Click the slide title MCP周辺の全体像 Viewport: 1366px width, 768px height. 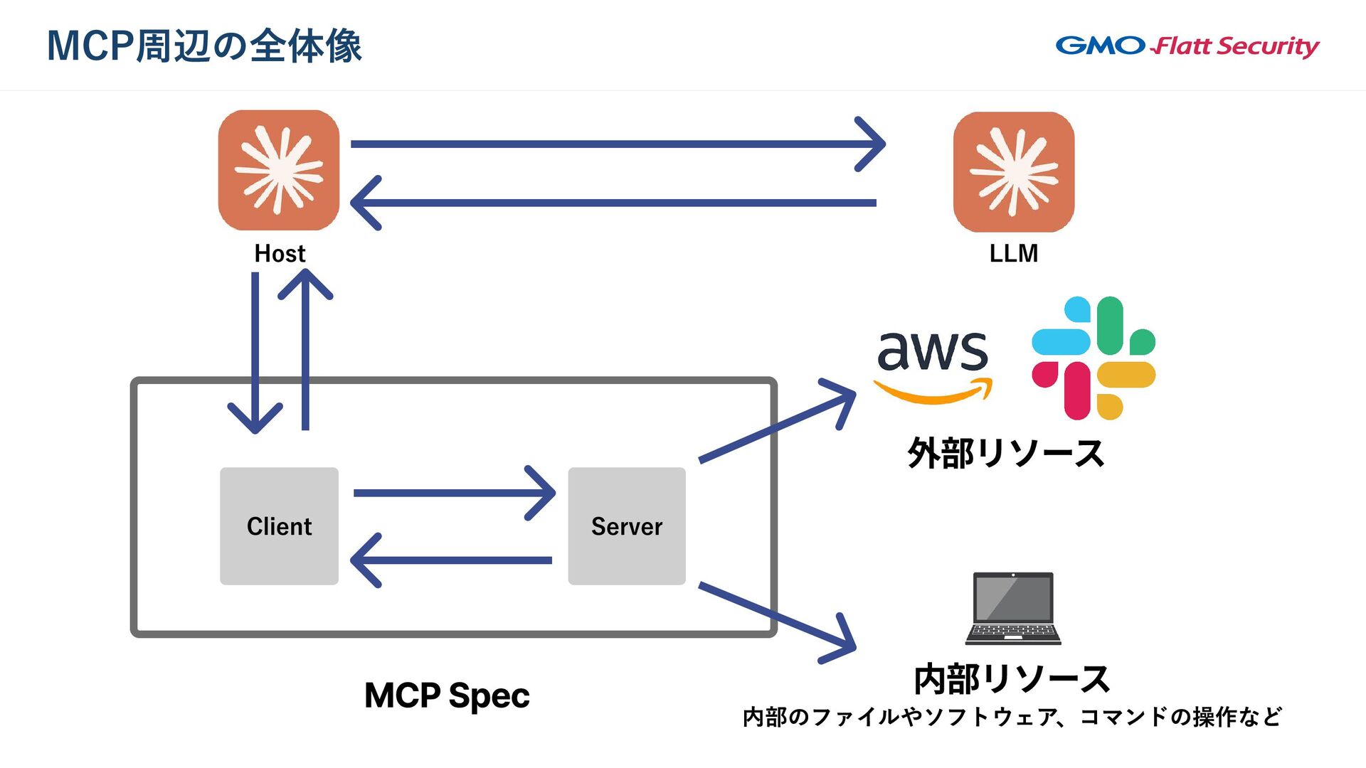(204, 46)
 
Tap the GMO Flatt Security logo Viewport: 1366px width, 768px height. (1187, 46)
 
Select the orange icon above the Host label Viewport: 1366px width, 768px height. (279, 170)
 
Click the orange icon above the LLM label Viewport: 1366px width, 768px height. (1014, 171)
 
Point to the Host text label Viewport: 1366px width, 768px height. (280, 254)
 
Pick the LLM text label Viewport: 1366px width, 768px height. (1013, 254)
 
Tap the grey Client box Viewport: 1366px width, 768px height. (279, 526)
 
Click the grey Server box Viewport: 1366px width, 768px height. (627, 526)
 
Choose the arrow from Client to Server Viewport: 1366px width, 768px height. (454, 493)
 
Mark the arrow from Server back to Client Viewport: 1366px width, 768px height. (452, 560)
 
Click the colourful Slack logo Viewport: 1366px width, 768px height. (1094, 358)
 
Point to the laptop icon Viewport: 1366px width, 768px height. (1013, 608)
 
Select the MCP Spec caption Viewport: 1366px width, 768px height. (447, 695)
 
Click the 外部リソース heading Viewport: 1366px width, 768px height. (1005, 453)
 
